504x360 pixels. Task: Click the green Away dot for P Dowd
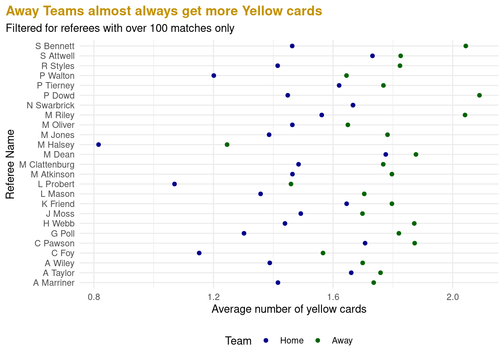point(479,95)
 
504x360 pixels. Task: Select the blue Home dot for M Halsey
point(99,145)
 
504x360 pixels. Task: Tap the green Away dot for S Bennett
point(466,46)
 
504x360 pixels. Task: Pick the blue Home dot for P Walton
point(214,76)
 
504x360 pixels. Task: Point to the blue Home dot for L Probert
point(174,184)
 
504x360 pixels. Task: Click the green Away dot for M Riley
point(465,115)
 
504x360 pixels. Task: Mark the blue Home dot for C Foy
point(199,253)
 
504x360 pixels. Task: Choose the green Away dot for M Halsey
point(227,145)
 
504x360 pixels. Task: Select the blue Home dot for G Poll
point(244,233)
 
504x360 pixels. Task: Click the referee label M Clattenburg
point(47,165)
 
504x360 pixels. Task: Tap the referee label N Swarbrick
point(51,105)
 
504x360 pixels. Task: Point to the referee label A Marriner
point(54,283)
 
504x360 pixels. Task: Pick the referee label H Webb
point(59,223)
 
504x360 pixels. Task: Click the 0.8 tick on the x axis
point(94,297)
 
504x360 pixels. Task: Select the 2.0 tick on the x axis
point(453,297)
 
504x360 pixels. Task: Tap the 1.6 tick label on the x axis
point(333,297)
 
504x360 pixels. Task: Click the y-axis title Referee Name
point(10,164)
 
